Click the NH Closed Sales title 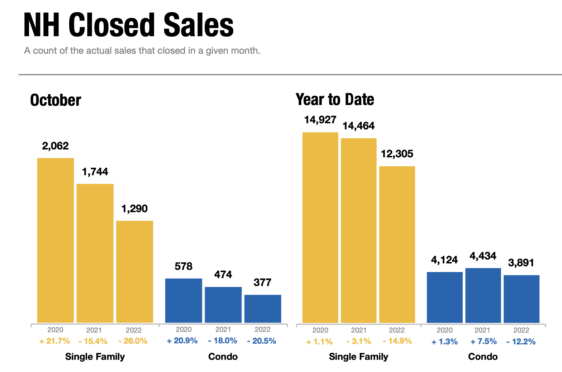coord(128,25)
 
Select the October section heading coord(56,100)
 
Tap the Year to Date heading coord(335,100)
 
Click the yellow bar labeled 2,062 coord(56,240)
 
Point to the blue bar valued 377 coord(263,309)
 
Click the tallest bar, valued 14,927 coord(320,228)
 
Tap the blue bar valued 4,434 coord(483,295)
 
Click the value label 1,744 coord(95,172)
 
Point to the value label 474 coord(223,275)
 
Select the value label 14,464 coord(358,126)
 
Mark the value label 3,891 coord(521,263)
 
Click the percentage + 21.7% coord(55,341)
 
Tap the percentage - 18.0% coord(223,341)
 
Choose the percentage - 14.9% coord(397,341)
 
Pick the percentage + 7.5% coord(484,342)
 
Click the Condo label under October coord(223,357)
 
